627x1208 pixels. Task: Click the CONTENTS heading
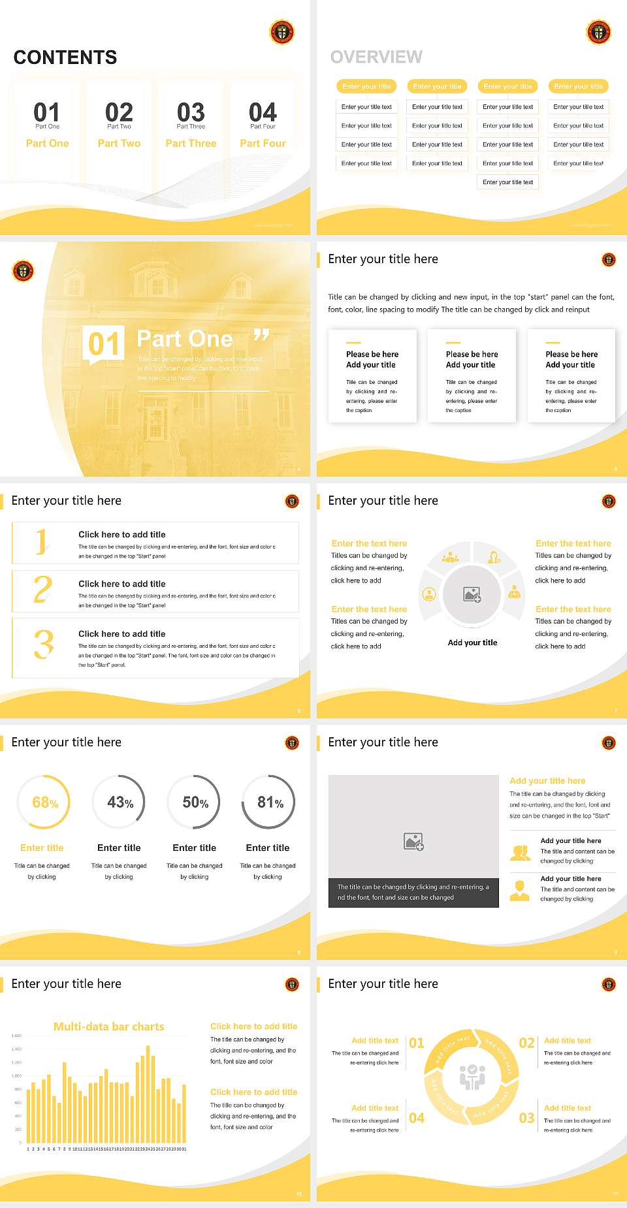pyautogui.click(x=65, y=57)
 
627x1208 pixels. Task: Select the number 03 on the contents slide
pyautogui.click(x=191, y=112)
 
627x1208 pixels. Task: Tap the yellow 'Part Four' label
pyautogui.click(x=263, y=144)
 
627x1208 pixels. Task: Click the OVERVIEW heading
pyautogui.click(x=376, y=57)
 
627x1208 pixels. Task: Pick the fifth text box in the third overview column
pyautogui.click(x=508, y=182)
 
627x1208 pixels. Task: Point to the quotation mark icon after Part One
pyautogui.click(x=261, y=336)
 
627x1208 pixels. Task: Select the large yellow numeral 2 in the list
pyautogui.click(x=43, y=590)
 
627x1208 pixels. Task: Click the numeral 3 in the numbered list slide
pyautogui.click(x=43, y=644)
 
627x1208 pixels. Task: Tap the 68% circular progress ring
pyautogui.click(x=44, y=803)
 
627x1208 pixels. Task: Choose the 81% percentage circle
pyautogui.click(x=269, y=803)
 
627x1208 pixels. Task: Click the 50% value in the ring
pyautogui.click(x=195, y=803)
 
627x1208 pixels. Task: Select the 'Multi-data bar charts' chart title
pyautogui.click(x=108, y=1026)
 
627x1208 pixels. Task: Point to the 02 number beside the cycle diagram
pyautogui.click(x=526, y=1043)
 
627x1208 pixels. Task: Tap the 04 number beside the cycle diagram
pyautogui.click(x=417, y=1118)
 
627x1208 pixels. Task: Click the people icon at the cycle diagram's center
pyautogui.click(x=472, y=1077)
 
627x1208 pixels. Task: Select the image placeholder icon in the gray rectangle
pyautogui.click(x=413, y=842)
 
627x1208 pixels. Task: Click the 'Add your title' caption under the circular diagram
pyautogui.click(x=472, y=643)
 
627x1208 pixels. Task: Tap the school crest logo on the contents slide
pyautogui.click(x=281, y=32)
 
